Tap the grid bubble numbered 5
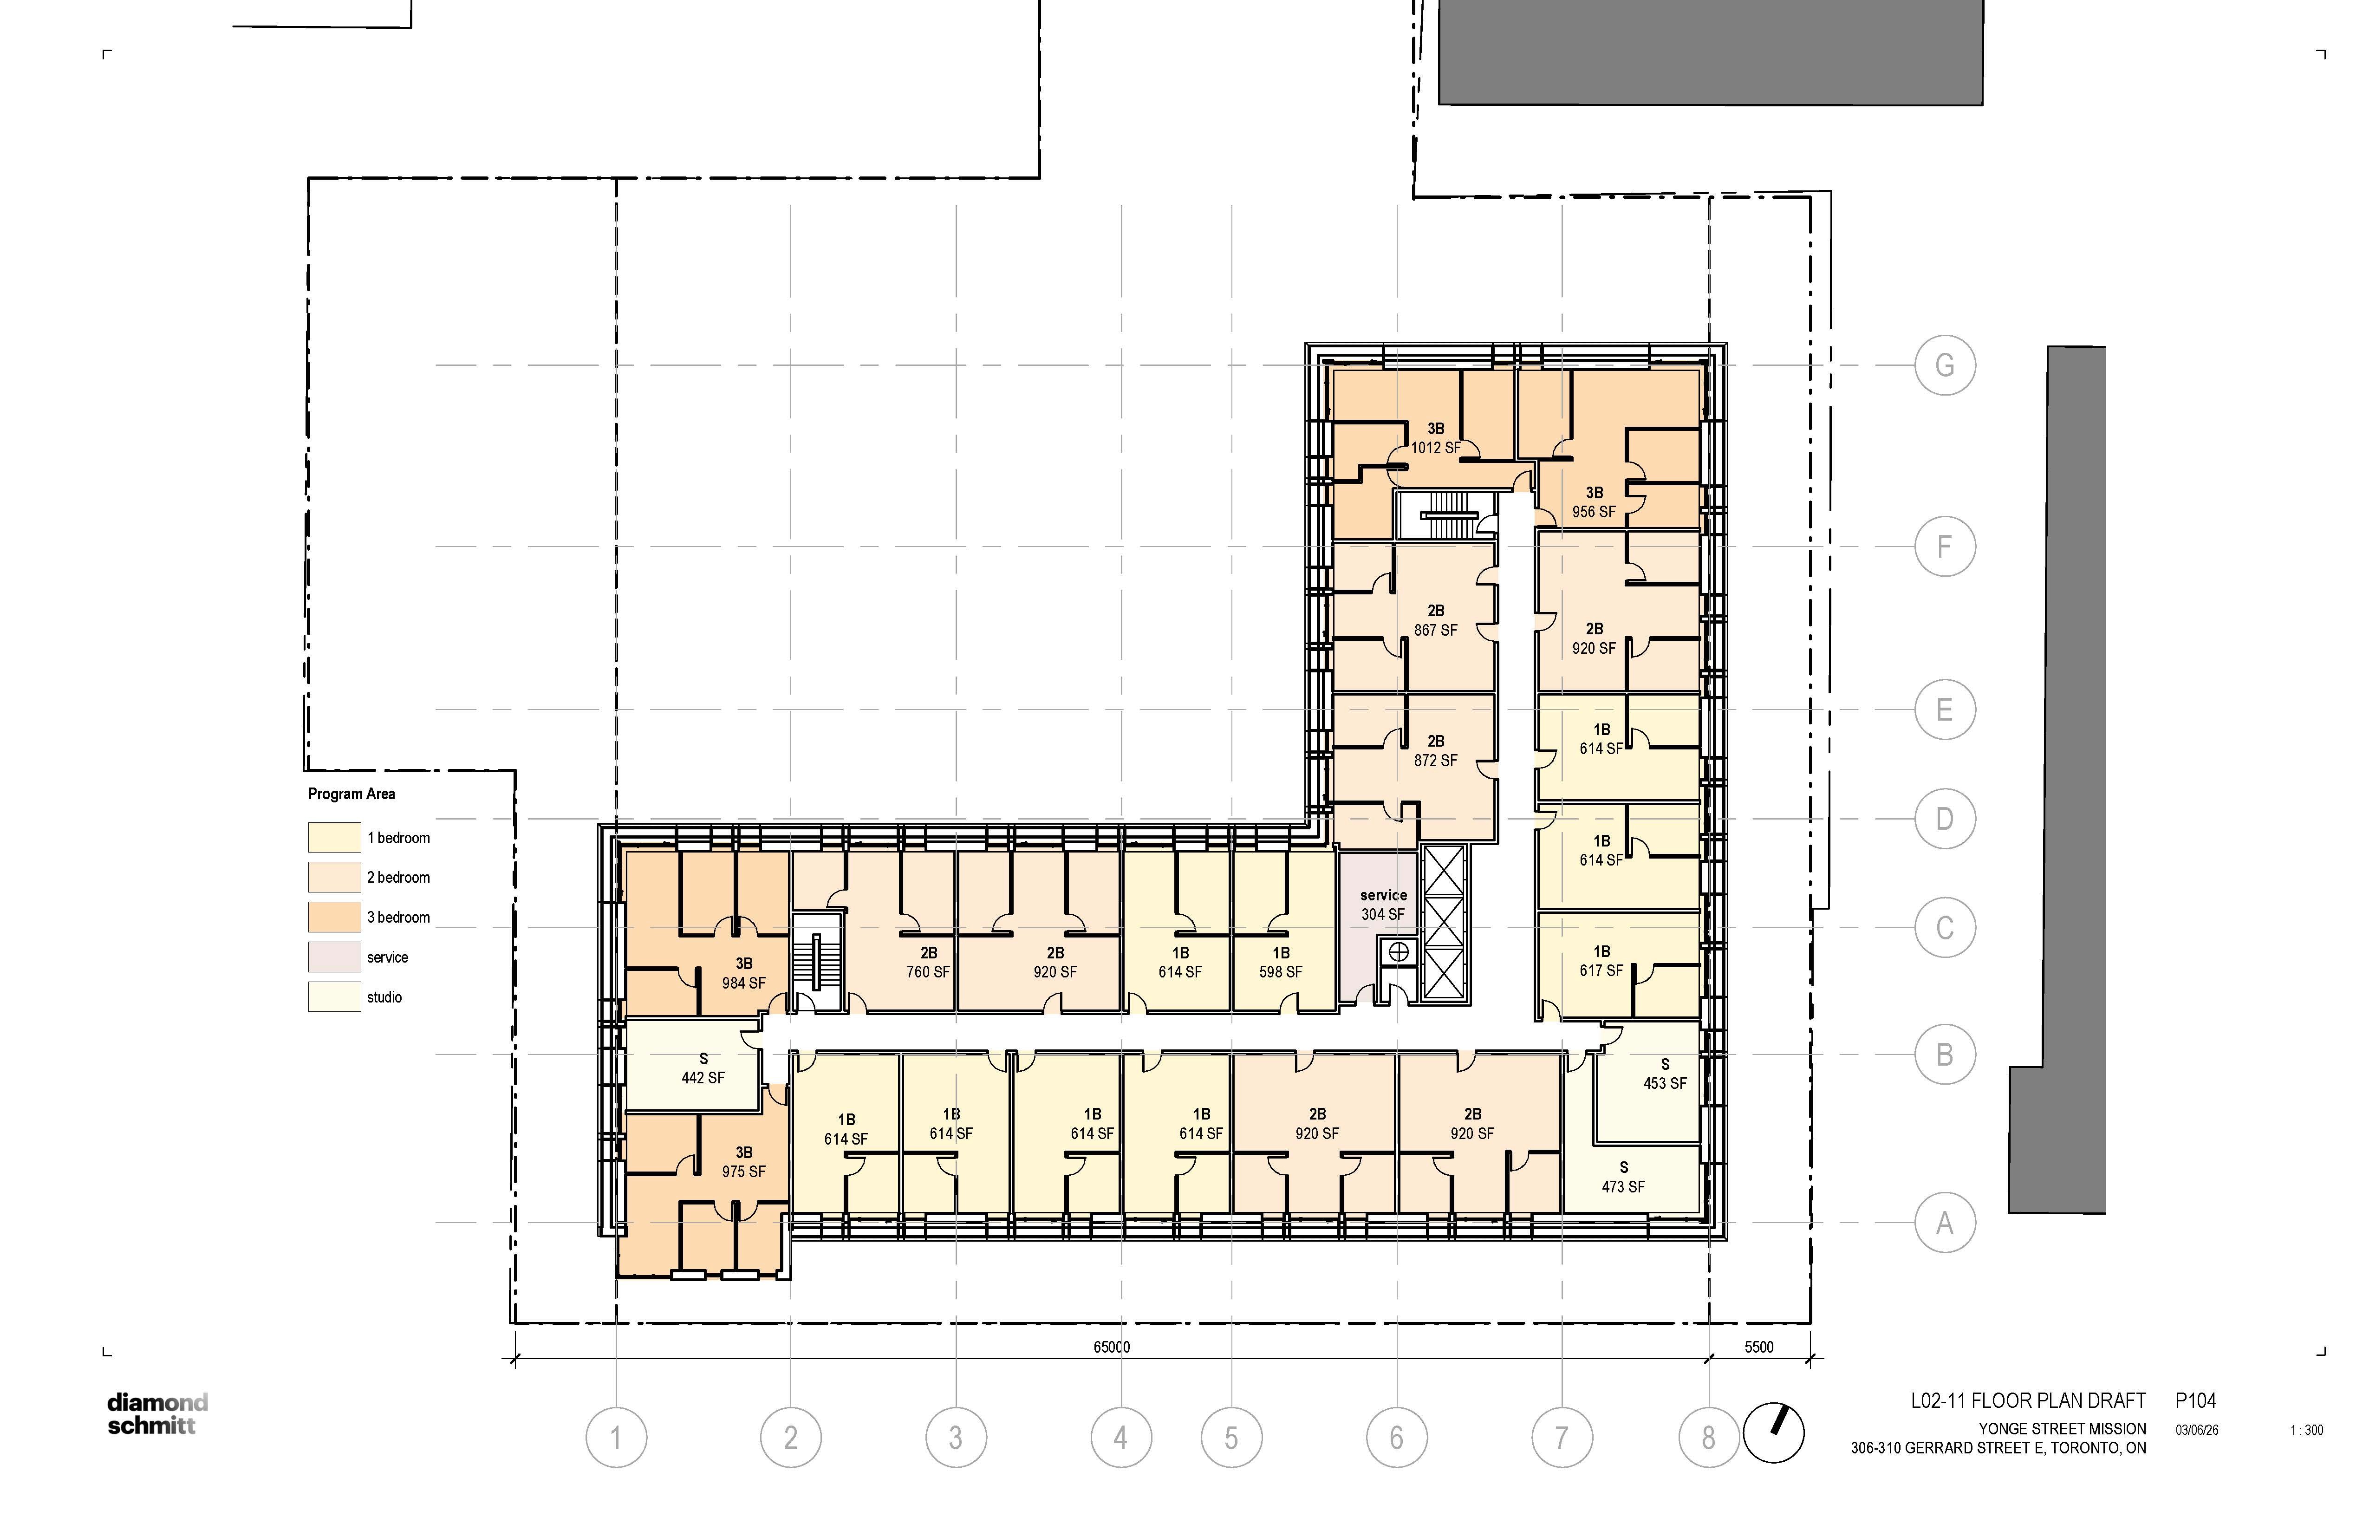[x=1231, y=1437]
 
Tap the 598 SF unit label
[x=1281, y=971]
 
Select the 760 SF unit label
[x=929, y=971]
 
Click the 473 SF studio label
[x=1623, y=1186]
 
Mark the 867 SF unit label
[x=1436, y=630]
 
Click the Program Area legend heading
[x=351, y=794]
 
